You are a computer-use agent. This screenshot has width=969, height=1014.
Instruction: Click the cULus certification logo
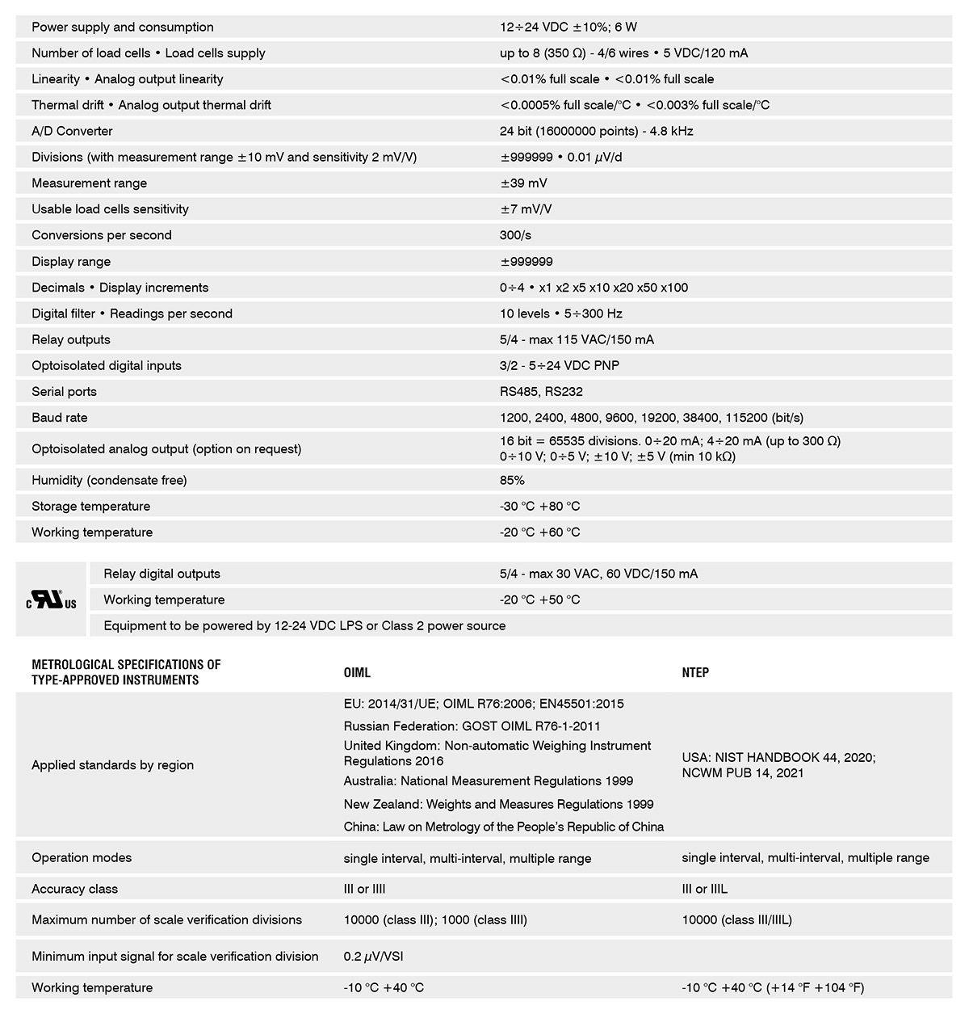[x=51, y=600]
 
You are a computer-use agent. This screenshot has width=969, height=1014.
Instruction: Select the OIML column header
[x=357, y=672]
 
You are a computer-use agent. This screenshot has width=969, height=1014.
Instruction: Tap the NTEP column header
[x=695, y=672]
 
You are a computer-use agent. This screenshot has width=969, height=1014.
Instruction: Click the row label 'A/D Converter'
[x=72, y=131]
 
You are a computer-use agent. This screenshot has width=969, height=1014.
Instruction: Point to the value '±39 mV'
[x=523, y=183]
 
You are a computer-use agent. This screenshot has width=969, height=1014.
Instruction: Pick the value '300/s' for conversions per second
[x=515, y=235]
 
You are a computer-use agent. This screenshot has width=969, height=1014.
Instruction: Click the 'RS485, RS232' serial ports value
[x=541, y=392]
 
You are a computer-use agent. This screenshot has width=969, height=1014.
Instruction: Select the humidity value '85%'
[x=512, y=480]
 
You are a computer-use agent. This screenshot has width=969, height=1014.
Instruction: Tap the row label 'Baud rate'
[x=60, y=418]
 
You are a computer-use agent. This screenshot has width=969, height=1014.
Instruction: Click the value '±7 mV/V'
[x=526, y=209]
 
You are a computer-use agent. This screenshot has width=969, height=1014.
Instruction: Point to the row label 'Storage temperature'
[x=90, y=507]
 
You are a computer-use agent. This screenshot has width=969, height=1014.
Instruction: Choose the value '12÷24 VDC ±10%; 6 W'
[x=568, y=27]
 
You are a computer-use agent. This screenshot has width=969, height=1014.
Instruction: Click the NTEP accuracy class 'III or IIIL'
[x=704, y=889]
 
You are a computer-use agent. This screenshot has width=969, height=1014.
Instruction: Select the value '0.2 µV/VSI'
[x=373, y=957]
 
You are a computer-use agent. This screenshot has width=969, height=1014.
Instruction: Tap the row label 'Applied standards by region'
[x=112, y=765]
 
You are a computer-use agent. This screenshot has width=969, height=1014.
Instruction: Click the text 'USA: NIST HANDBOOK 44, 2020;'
[x=778, y=758]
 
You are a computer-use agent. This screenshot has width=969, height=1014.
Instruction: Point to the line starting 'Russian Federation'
[x=472, y=726]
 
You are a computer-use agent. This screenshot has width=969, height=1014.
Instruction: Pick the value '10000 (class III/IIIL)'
[x=736, y=919]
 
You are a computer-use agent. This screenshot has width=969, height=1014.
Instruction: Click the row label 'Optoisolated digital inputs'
[x=107, y=366]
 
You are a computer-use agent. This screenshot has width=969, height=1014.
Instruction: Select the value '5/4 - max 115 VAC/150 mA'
[x=577, y=339]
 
